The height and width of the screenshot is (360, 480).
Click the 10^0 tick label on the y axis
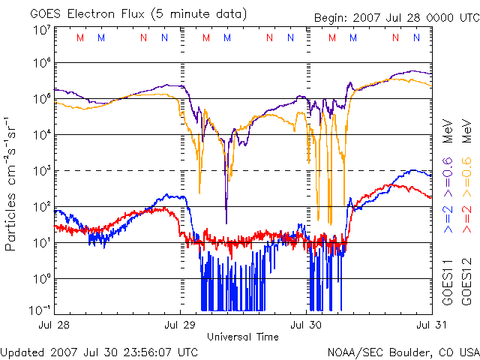(40, 279)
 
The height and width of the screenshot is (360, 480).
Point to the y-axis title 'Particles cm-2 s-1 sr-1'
(13, 184)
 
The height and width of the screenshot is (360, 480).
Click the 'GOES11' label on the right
(447, 283)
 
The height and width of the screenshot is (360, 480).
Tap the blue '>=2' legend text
(447, 218)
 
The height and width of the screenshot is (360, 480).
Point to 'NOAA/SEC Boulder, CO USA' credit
(403, 352)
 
